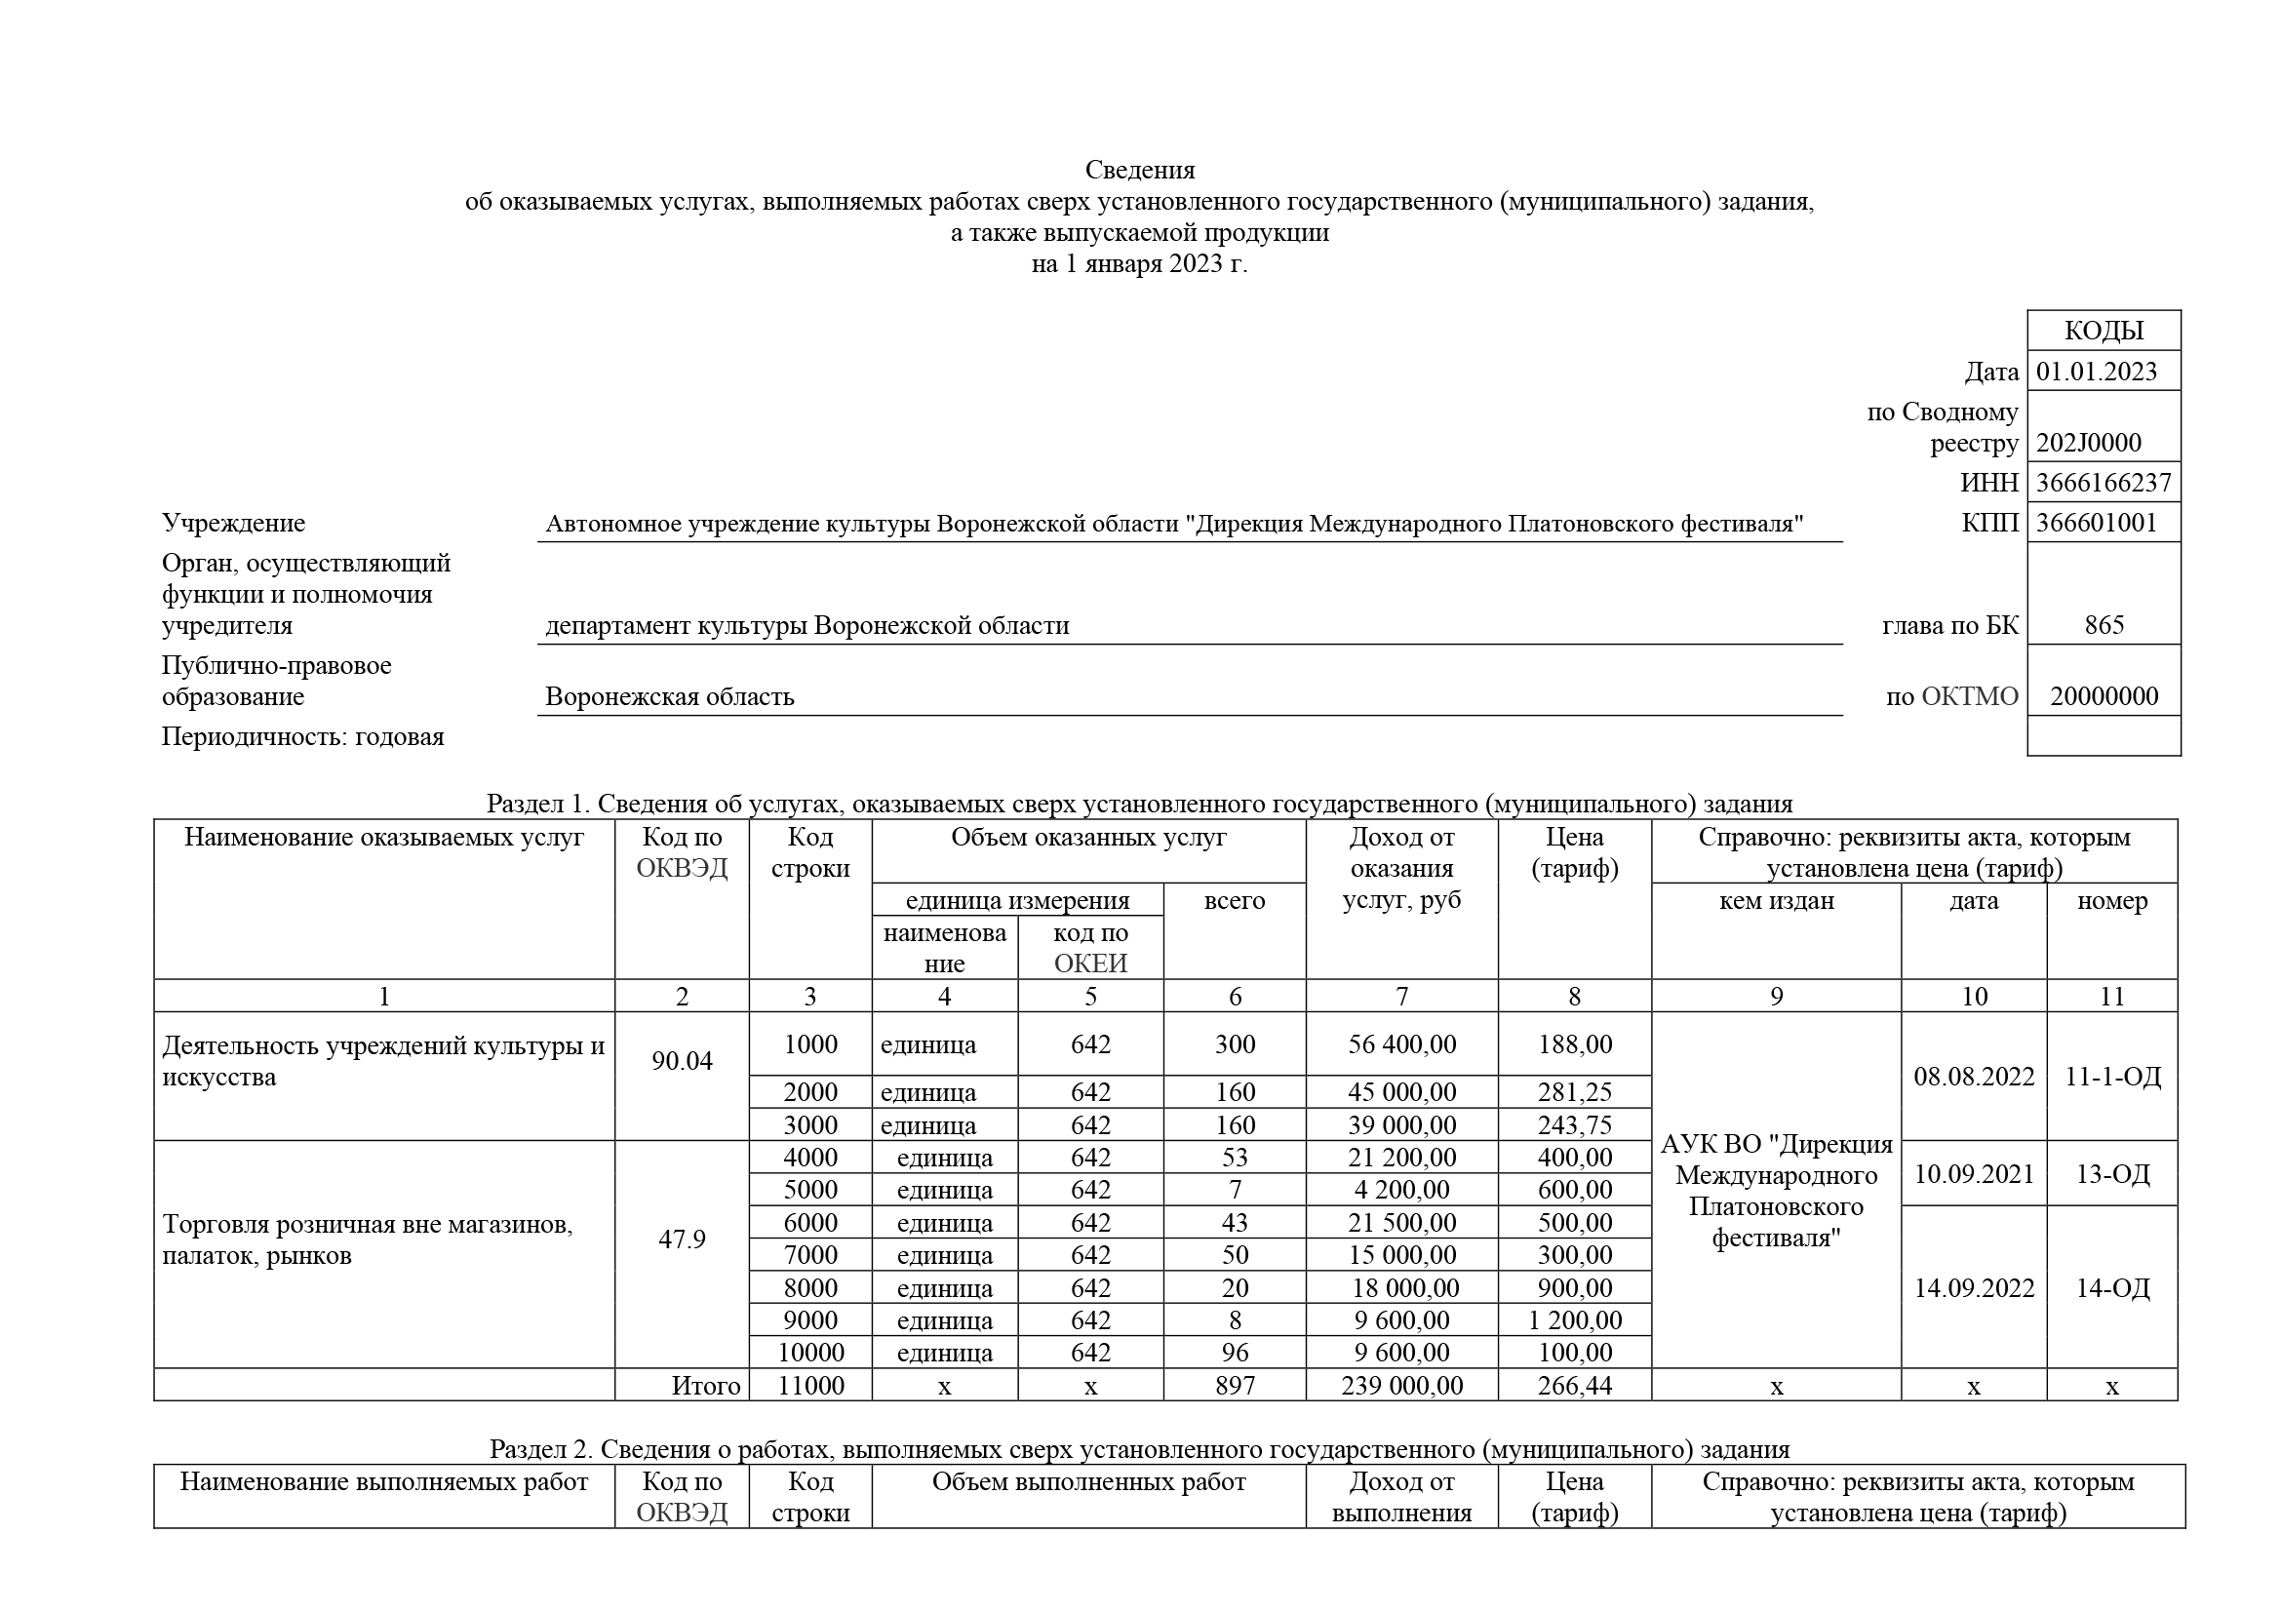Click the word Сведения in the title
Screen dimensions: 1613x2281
(1139, 170)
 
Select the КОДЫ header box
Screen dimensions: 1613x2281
(2104, 331)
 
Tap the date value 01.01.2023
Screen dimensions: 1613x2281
(2097, 372)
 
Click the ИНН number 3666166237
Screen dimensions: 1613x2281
(2104, 483)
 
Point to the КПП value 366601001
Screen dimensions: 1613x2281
(2097, 524)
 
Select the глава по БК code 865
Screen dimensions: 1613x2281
(2104, 626)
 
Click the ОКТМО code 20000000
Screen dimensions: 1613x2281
(2104, 696)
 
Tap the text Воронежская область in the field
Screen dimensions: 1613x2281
(670, 697)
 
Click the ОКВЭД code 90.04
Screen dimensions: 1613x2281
(682, 1061)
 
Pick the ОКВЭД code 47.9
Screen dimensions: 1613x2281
(682, 1239)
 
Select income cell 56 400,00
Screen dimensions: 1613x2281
(1401, 1043)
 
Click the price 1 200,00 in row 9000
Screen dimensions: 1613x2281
(1575, 1320)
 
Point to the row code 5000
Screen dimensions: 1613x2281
(810, 1190)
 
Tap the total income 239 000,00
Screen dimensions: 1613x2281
(1401, 1386)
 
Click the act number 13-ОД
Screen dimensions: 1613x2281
(2112, 1174)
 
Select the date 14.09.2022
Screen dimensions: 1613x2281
(1974, 1288)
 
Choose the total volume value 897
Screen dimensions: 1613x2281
(1235, 1386)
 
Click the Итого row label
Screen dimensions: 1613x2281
(705, 1386)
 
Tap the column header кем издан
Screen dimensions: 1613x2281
(1776, 901)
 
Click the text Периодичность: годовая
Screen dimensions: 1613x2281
(303, 737)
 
